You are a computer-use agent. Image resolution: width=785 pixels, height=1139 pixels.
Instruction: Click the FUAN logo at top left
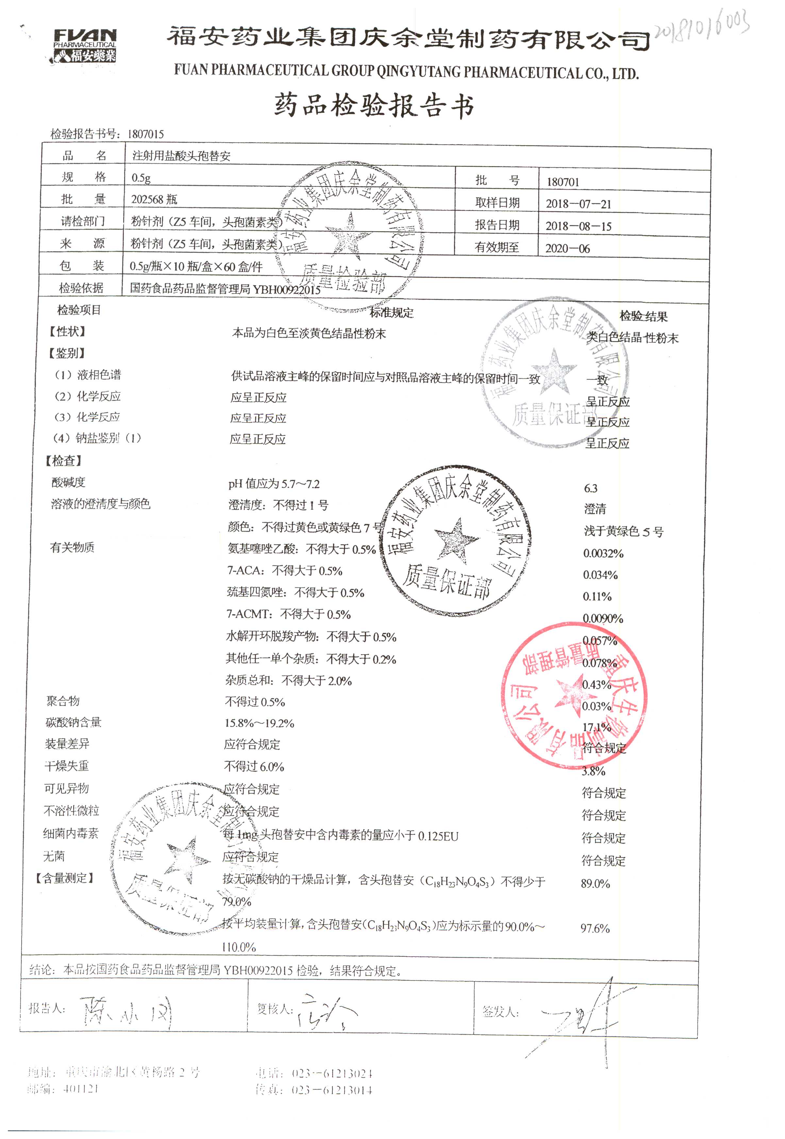85,45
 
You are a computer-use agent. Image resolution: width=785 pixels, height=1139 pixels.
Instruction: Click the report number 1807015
145,134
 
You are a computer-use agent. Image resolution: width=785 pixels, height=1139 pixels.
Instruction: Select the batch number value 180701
563,182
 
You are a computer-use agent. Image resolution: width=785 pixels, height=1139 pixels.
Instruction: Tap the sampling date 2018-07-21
578,204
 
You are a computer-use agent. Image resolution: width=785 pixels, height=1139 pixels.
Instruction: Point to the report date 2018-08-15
578,226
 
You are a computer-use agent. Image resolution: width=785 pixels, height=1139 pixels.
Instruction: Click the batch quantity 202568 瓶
154,199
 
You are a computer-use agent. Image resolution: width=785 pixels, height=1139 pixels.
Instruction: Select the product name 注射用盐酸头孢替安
181,156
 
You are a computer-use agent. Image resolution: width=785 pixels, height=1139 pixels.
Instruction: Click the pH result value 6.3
591,488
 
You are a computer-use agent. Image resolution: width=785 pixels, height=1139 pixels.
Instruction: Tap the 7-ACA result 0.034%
600,575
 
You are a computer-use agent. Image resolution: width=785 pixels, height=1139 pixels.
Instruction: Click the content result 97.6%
595,928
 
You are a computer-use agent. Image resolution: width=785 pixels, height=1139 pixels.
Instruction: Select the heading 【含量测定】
64,878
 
